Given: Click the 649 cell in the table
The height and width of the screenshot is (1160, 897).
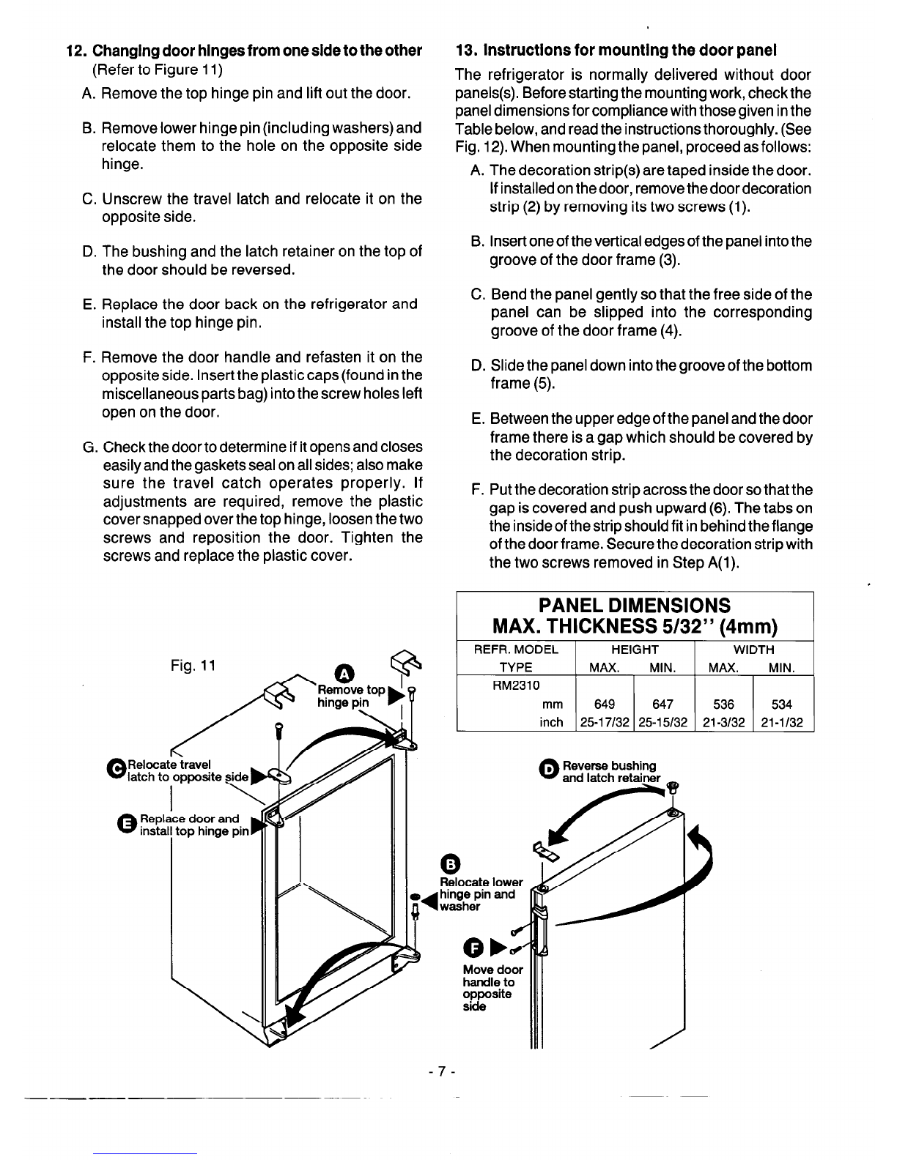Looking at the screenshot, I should (605, 704).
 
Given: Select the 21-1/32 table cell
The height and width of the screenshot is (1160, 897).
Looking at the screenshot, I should (783, 723).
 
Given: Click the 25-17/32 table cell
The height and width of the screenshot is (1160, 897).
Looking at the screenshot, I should (605, 723).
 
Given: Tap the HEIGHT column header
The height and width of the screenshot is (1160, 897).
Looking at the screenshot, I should (635, 650).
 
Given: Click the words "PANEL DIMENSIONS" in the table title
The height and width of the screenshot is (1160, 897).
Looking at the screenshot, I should (634, 606).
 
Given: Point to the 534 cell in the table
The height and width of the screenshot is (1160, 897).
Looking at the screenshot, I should (783, 704).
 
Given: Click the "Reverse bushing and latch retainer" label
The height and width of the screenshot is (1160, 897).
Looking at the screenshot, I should (610, 772).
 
